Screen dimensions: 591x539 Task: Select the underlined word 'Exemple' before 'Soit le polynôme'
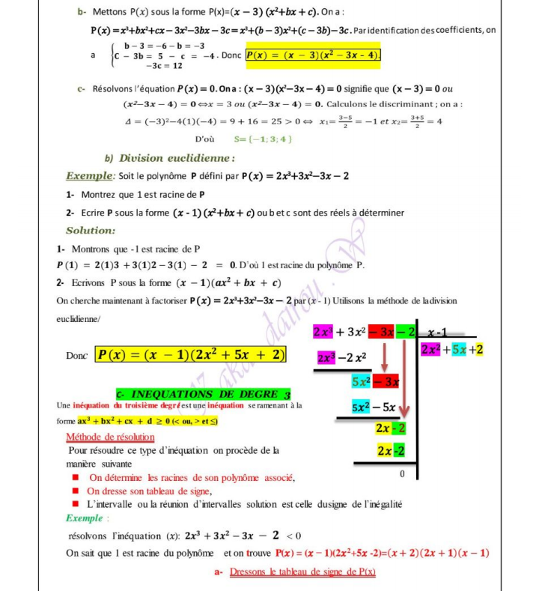89,177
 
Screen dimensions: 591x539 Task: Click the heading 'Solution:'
91,231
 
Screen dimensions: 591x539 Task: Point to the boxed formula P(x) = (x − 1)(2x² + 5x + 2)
190,354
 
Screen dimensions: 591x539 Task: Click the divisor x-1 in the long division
437,331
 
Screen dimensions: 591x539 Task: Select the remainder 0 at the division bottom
401,474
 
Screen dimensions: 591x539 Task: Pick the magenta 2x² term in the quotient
433,350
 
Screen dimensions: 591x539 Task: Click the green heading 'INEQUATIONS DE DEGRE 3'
203,394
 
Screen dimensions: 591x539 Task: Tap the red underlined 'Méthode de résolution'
111,437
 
